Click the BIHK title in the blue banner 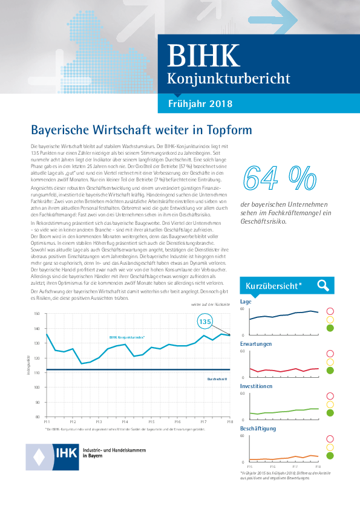(203, 56)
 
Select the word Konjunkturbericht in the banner (228, 79)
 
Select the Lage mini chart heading (246, 301)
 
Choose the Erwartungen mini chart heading (256, 343)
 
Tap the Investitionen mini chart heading (256, 386)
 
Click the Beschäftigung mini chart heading (258, 428)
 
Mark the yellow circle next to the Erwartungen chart (330, 362)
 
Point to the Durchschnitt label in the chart (217, 378)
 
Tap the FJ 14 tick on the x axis (125, 421)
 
